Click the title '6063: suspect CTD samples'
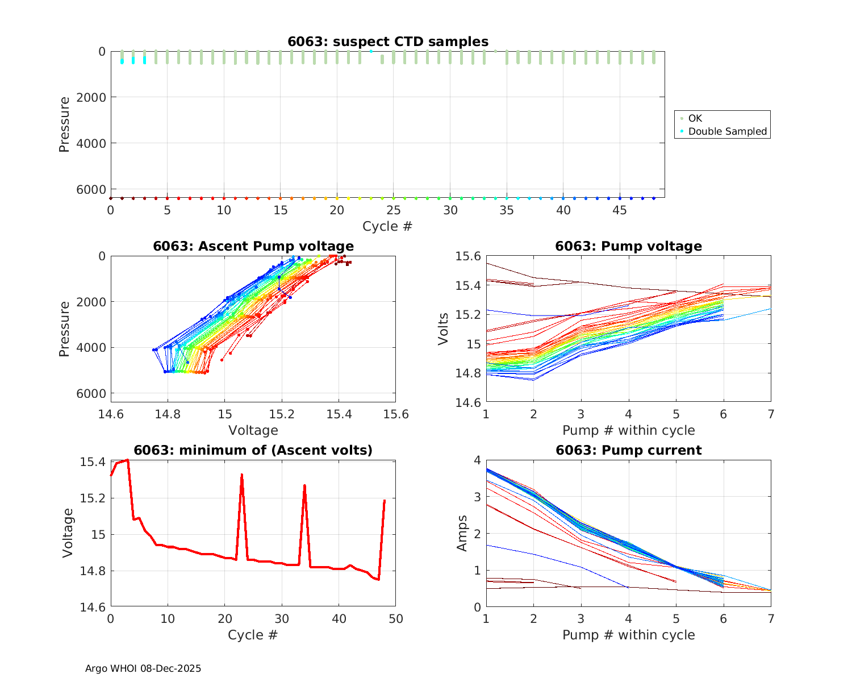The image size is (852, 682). coord(387,41)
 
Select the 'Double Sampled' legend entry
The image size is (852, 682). coord(727,131)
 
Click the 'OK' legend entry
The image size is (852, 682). coord(695,118)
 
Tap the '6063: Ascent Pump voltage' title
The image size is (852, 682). coord(253,246)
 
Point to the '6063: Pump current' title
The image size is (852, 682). coord(628,450)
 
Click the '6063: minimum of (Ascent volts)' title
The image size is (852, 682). coord(253,450)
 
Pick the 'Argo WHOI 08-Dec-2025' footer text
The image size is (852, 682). coord(143,668)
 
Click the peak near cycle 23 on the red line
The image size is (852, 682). coord(242,474)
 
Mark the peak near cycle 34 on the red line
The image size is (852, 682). coord(304,485)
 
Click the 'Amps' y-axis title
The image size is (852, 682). coord(462,533)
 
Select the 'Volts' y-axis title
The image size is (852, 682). coord(443,328)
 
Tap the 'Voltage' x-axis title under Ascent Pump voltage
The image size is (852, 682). coord(253,430)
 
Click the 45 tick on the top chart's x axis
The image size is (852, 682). coord(620,210)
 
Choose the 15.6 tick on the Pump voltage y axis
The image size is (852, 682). coord(468,256)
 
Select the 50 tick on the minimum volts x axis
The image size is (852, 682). coord(395,618)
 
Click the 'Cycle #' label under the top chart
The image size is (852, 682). coord(387,226)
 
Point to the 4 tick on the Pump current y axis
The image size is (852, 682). coord(477,460)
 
